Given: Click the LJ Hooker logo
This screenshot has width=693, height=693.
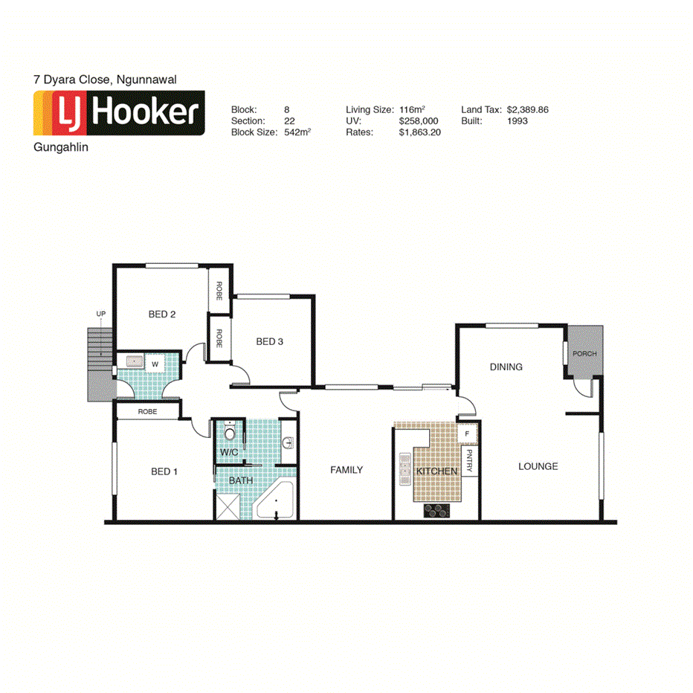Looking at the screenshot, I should [119, 113].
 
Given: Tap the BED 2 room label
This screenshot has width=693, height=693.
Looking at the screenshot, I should [162, 315].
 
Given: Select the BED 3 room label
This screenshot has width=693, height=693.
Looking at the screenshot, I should [270, 342].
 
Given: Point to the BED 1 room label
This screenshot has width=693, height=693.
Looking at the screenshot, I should [164, 471].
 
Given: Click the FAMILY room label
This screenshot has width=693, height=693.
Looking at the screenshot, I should [346, 470].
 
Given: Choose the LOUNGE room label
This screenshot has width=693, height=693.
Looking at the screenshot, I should [538, 466].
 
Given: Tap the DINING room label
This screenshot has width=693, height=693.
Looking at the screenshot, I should [506, 367].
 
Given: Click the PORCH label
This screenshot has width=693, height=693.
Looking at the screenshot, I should [584, 353].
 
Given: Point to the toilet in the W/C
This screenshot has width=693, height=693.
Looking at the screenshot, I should [231, 433].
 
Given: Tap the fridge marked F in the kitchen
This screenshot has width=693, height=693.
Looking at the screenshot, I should [466, 433].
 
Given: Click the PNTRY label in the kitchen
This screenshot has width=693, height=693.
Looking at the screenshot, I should [469, 460].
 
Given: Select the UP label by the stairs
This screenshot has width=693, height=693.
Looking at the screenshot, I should [100, 315].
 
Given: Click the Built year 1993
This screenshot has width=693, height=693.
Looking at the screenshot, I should [518, 120].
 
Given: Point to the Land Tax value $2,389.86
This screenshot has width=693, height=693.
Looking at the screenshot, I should [527, 109].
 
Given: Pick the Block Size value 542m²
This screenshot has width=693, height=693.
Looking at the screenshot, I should [297, 132].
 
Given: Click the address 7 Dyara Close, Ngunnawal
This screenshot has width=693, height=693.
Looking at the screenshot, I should [104, 78].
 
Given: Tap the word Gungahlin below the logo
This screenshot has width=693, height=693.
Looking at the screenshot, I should [62, 147].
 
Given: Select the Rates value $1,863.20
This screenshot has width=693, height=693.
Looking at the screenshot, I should [420, 132].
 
